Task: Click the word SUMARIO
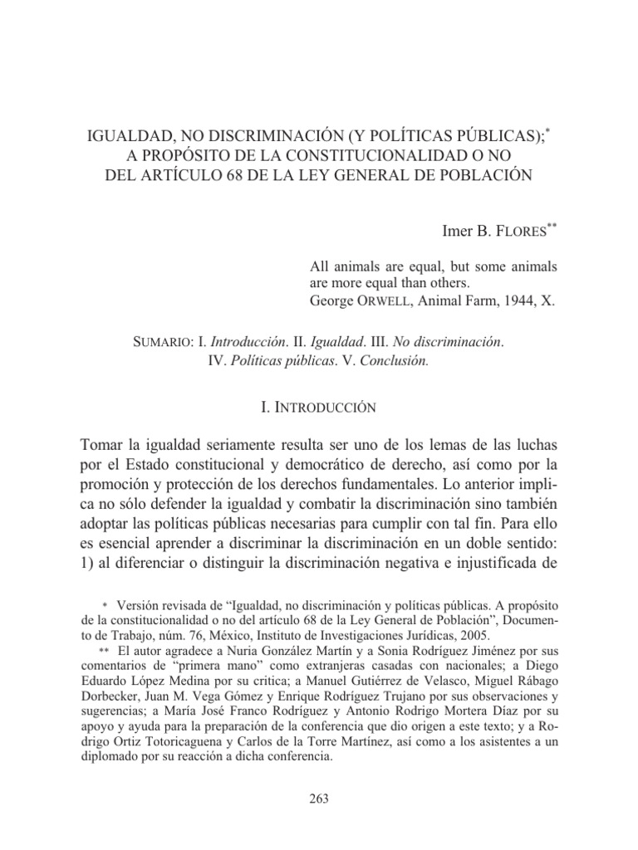tap(164, 342)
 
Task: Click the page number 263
tap(319, 799)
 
